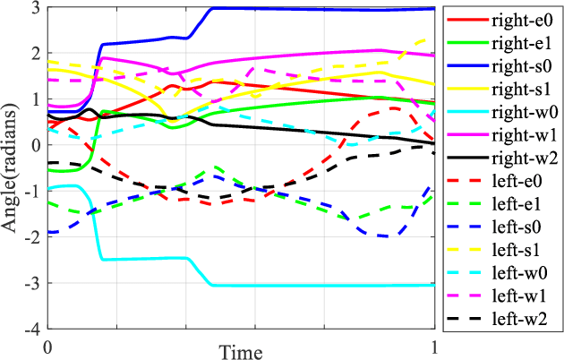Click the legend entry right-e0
tap(518, 19)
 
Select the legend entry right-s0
tap(518, 65)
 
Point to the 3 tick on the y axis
tap(35, 8)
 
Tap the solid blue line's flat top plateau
tap(322, 9)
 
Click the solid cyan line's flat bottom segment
tap(322, 286)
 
